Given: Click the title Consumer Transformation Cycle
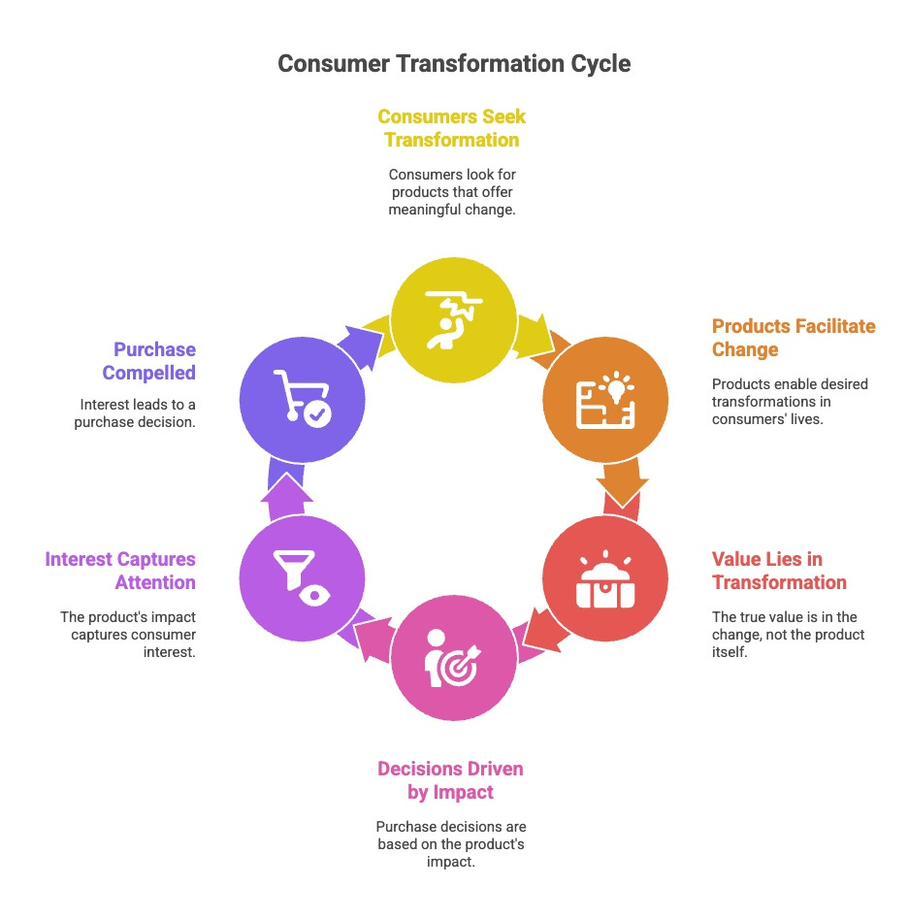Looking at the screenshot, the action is coord(454,64).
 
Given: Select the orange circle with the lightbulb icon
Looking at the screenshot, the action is coord(604,397).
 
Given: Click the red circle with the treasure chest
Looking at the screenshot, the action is coord(604,579).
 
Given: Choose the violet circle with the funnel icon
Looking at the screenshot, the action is coord(302,579).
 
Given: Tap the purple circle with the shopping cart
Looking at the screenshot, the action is coord(302,397).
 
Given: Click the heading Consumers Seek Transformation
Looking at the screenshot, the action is coord(451,128).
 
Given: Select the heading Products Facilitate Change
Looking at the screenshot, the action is coord(793,337).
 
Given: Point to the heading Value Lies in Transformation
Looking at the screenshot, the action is coord(779,571).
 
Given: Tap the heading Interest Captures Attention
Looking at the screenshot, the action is coord(120,571).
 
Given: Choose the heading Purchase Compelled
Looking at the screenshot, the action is coord(154,360).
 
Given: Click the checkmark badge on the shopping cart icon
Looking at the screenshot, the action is coord(317,414).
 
